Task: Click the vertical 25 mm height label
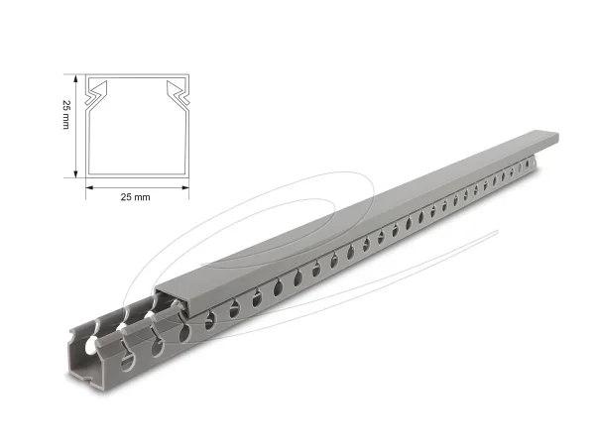[x=65, y=126]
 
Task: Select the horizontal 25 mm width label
[x=135, y=197]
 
